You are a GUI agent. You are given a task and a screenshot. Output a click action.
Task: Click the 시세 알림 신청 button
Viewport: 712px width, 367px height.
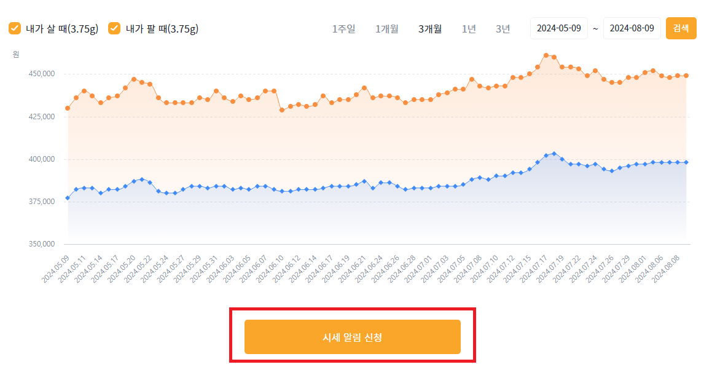tap(352, 337)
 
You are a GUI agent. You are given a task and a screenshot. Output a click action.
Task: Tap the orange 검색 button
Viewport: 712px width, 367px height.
tap(681, 28)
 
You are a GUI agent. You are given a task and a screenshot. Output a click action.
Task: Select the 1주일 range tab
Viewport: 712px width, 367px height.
tap(343, 29)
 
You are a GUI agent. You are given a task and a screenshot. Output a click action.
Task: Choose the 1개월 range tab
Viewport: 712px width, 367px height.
tap(386, 29)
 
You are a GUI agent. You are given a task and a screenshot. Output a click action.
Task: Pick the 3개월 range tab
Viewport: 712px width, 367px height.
tap(429, 29)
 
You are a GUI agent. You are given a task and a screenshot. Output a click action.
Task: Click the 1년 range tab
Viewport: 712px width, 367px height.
tap(469, 29)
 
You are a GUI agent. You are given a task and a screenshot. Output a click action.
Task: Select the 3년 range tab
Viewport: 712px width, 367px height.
tap(503, 29)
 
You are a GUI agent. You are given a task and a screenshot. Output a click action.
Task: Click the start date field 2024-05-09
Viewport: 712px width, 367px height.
tap(558, 28)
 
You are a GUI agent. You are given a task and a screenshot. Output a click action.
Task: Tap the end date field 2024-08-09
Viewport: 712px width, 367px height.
tap(632, 28)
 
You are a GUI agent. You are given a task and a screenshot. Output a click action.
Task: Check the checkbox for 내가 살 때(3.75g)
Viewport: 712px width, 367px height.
tap(15, 28)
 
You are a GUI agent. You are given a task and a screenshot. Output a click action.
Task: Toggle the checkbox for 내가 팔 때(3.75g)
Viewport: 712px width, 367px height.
tap(114, 28)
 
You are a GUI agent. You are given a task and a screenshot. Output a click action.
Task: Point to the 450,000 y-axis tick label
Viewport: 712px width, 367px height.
tap(42, 74)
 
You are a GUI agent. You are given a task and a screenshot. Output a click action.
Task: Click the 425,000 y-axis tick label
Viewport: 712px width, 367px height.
tap(42, 117)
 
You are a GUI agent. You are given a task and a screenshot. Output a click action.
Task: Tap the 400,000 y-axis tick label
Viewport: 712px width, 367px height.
tap(42, 159)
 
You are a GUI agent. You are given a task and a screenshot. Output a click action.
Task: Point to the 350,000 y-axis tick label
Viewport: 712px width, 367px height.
tap(42, 244)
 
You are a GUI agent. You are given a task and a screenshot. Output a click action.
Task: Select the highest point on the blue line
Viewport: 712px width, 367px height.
tap(554, 154)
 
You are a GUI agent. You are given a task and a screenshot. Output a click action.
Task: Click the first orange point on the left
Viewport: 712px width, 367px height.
tap(68, 108)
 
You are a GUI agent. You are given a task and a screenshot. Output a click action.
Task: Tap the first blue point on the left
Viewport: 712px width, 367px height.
tap(68, 198)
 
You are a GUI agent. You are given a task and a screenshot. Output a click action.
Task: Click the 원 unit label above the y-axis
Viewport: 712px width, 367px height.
tap(16, 54)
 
